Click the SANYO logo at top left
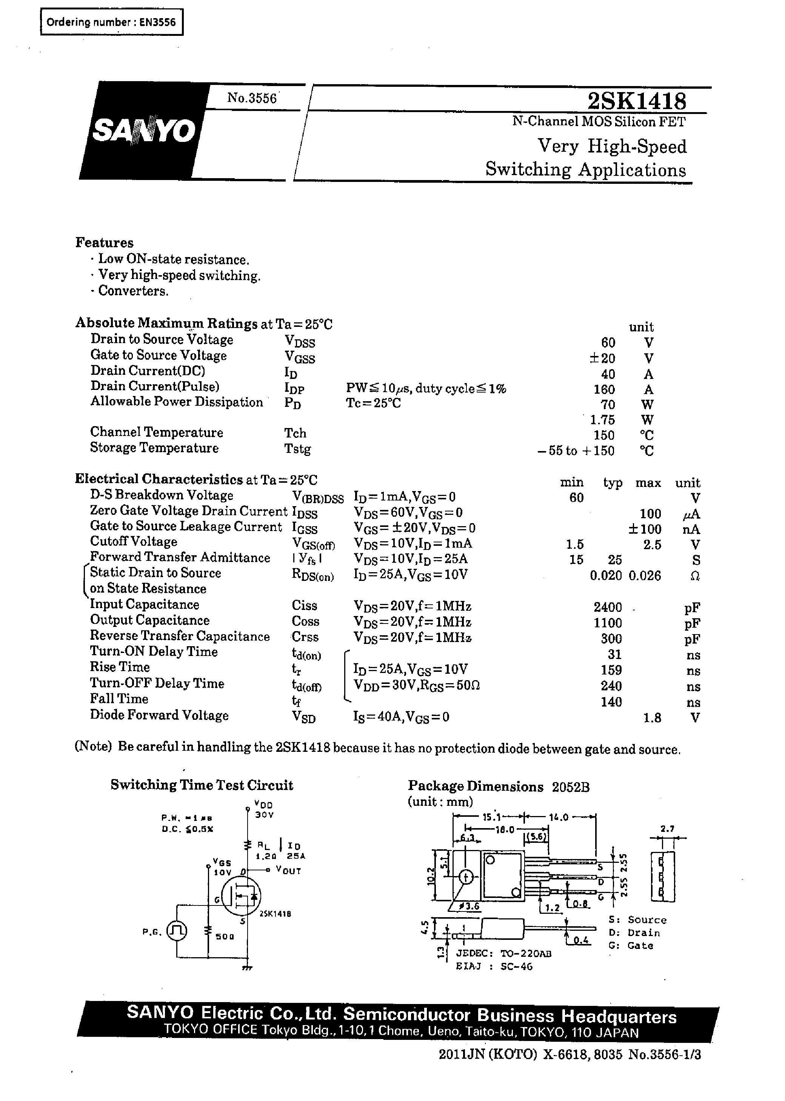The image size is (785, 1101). click(143, 131)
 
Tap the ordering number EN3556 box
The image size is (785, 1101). click(112, 22)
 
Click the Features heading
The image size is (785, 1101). click(105, 243)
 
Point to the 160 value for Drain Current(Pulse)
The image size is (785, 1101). click(604, 390)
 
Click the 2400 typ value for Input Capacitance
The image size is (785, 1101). click(608, 607)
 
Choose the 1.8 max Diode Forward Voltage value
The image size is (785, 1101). click(652, 718)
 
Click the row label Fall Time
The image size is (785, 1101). click(119, 699)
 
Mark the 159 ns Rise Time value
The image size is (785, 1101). click(611, 670)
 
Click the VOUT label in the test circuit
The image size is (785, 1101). click(289, 870)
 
